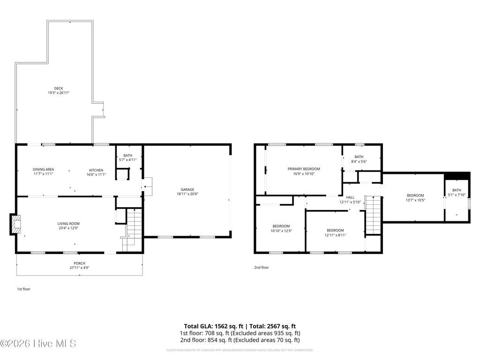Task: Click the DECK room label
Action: (x=58, y=88)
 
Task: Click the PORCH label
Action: (x=79, y=263)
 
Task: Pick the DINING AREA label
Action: (x=43, y=170)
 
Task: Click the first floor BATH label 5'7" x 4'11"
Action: (x=127, y=160)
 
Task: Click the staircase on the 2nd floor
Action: (x=373, y=215)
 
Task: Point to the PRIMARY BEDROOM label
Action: (x=304, y=169)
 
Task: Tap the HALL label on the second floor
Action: (x=350, y=197)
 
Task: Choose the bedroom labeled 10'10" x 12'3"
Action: (x=281, y=226)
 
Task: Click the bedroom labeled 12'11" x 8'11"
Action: (x=335, y=230)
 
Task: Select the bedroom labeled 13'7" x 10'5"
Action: (x=415, y=195)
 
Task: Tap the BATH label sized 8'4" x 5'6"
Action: (x=359, y=157)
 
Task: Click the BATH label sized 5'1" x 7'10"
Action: (x=457, y=190)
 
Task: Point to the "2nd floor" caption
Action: (x=262, y=267)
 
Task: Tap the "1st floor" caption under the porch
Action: (x=23, y=289)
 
